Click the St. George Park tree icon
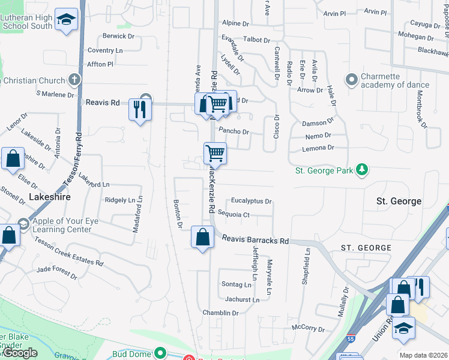361,170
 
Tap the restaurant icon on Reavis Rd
140,109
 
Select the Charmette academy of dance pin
351,79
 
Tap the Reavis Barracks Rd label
255,240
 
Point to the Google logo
20,353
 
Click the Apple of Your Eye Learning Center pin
23,224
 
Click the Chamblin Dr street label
220,313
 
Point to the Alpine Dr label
235,23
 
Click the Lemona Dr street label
319,147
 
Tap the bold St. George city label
398,201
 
